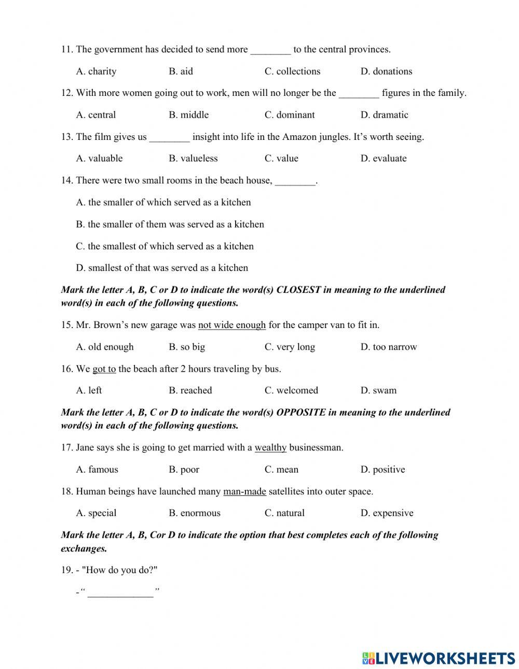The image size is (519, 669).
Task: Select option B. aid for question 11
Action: point(181,72)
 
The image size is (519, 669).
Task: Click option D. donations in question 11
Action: point(386,72)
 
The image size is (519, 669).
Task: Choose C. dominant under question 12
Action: point(290,115)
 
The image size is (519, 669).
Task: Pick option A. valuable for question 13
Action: point(99,159)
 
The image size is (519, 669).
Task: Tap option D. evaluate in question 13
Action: point(384,159)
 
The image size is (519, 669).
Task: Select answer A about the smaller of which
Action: point(163,203)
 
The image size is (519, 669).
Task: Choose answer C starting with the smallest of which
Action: point(165,246)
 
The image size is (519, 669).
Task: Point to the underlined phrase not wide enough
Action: point(232,325)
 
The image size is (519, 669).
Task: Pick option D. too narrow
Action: point(389,347)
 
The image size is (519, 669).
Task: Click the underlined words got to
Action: point(104,369)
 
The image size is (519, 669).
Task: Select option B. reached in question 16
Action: point(190,391)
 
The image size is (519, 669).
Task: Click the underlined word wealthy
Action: point(270,448)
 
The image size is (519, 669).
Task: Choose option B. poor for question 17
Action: point(184,470)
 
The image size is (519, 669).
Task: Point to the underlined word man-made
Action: point(244,492)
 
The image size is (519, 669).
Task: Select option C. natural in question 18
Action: point(284,514)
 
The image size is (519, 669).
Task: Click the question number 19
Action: point(66,571)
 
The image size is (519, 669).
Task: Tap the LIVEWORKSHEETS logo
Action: point(439,658)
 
